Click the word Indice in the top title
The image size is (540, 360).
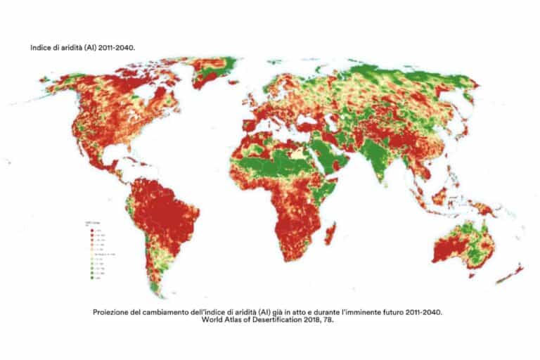[41, 47]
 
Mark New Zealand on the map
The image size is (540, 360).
[510, 274]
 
